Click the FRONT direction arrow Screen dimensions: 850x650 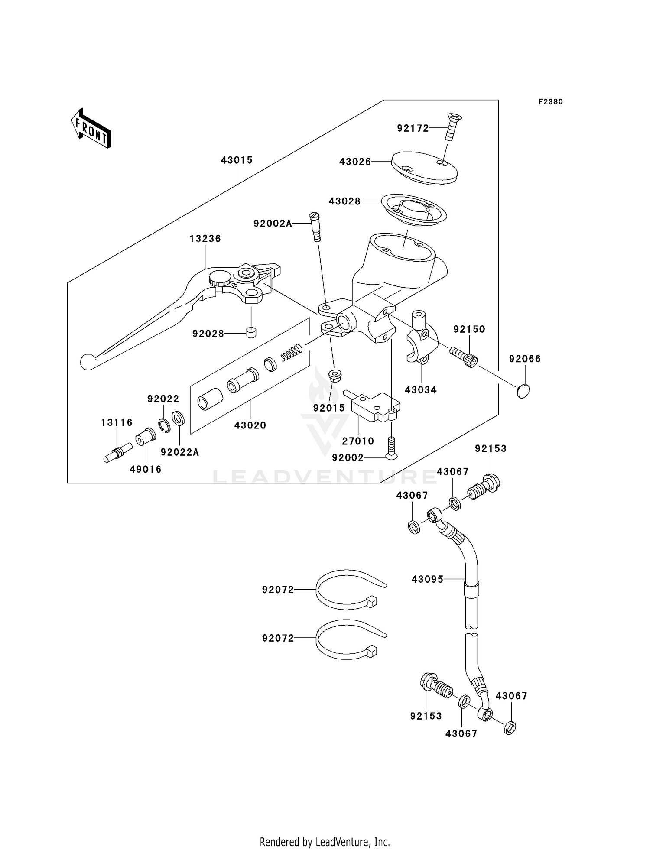(x=91, y=129)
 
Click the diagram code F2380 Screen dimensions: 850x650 (x=550, y=102)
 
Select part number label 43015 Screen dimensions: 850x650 (x=237, y=160)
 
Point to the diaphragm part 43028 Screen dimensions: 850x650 (x=413, y=211)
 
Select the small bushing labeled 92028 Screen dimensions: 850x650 (x=250, y=333)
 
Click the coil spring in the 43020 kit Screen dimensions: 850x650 (x=291, y=352)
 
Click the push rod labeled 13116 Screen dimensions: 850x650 (x=117, y=453)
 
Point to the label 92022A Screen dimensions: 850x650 (x=179, y=452)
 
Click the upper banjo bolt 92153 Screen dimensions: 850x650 (x=484, y=488)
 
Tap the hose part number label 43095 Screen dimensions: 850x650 (x=427, y=579)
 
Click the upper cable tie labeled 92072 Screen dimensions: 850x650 (x=347, y=589)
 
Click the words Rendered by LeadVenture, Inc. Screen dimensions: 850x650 (x=325, y=842)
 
